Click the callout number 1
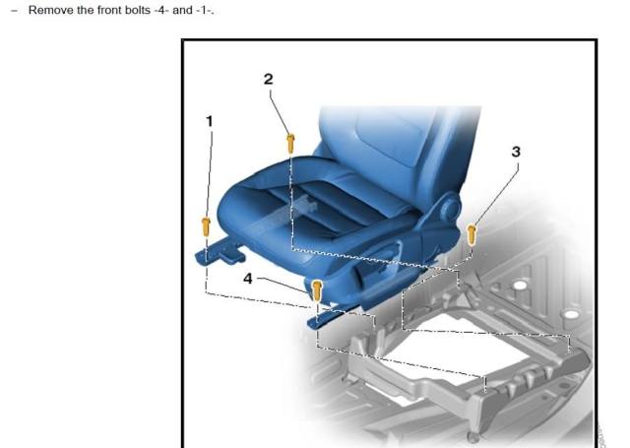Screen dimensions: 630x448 pyautogui.click(x=209, y=121)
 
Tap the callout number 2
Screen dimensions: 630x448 pyautogui.click(x=269, y=79)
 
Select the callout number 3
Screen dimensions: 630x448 pyautogui.click(x=516, y=152)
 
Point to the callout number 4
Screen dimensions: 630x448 pyautogui.click(x=248, y=279)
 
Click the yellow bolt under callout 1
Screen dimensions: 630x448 pyautogui.click(x=206, y=227)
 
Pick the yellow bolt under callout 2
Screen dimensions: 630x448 pyautogui.click(x=291, y=144)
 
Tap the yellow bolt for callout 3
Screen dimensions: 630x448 pyautogui.click(x=472, y=234)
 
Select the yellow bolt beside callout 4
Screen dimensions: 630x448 pyautogui.click(x=317, y=290)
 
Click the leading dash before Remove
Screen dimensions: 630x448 pyautogui.click(x=15, y=11)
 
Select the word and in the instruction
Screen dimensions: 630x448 pyautogui.click(x=182, y=10)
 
